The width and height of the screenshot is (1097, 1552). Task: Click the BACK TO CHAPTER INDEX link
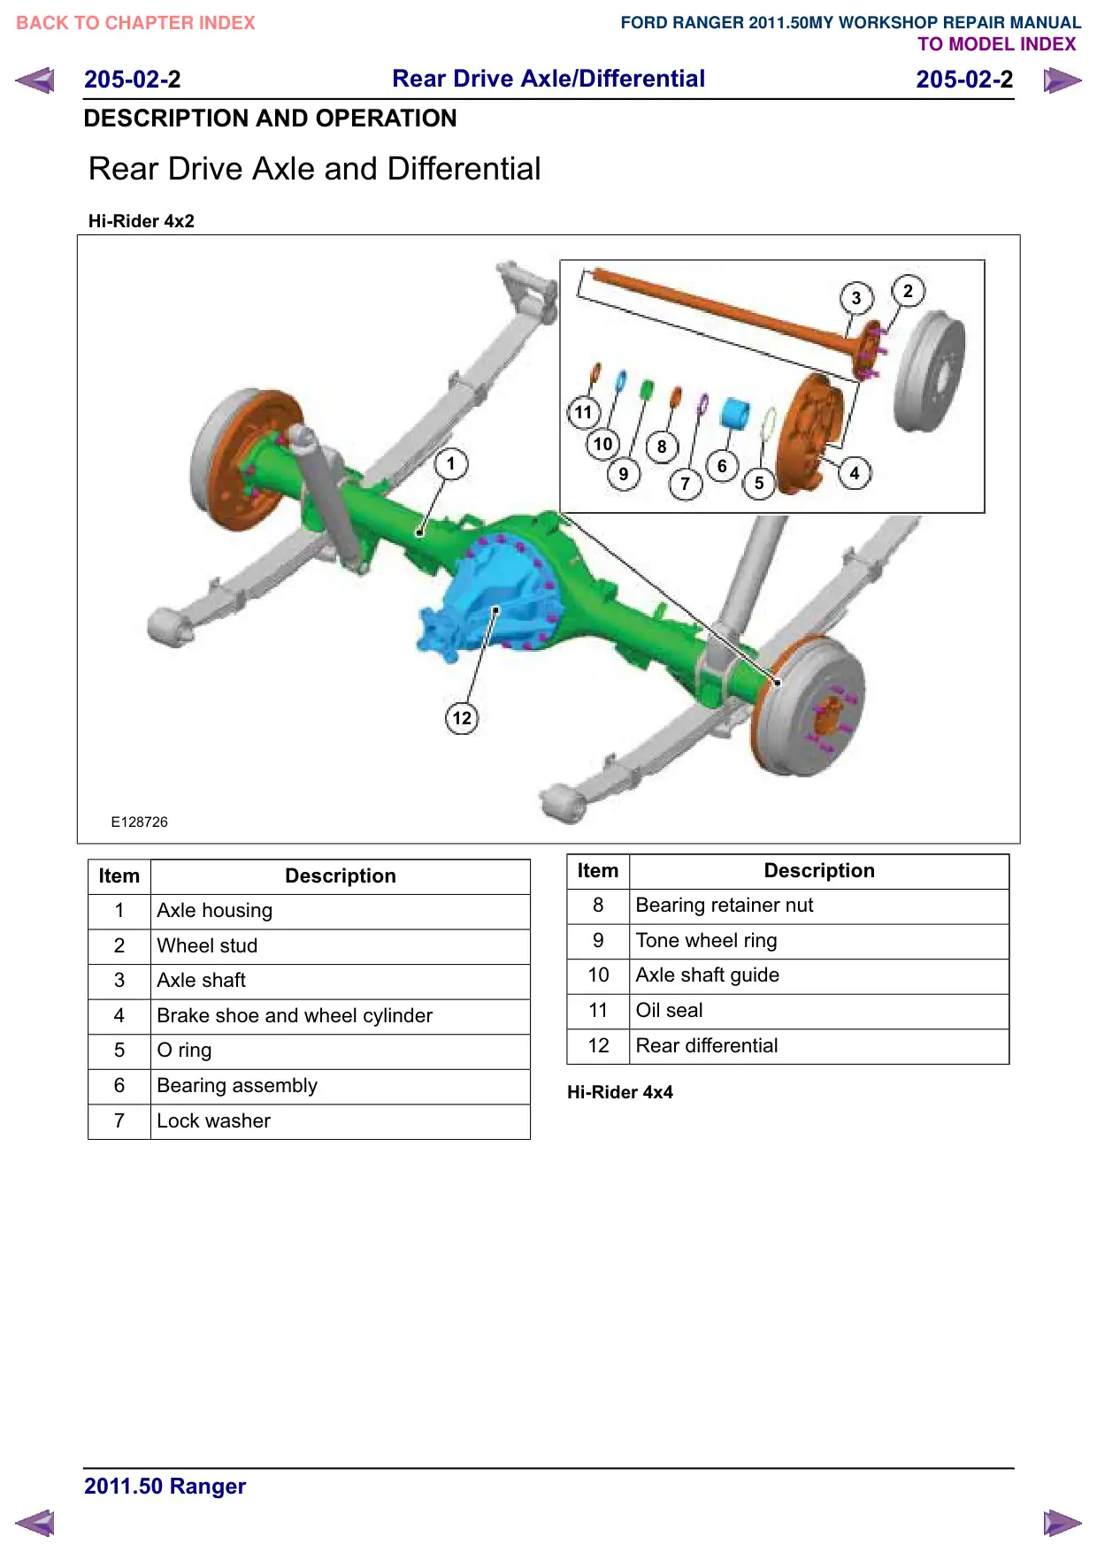(x=135, y=23)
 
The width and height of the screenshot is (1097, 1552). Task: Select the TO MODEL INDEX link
(x=997, y=44)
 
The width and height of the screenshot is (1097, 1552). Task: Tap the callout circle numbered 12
(x=462, y=717)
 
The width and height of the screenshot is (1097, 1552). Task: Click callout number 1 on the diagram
(x=451, y=463)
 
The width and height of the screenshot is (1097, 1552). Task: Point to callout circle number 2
(x=908, y=291)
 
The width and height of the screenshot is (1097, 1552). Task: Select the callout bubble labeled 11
(x=583, y=412)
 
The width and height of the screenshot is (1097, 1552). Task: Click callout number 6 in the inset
(x=722, y=466)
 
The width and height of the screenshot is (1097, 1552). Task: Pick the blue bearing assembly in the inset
(x=734, y=413)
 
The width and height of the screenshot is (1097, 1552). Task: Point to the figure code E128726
(x=139, y=822)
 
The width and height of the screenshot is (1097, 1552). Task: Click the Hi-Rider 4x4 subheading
(x=620, y=1092)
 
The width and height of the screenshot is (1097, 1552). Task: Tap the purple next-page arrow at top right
(x=1062, y=80)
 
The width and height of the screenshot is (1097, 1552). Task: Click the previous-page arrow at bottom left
(x=35, y=1523)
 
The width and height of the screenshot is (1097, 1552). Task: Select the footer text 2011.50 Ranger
(x=165, y=1487)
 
